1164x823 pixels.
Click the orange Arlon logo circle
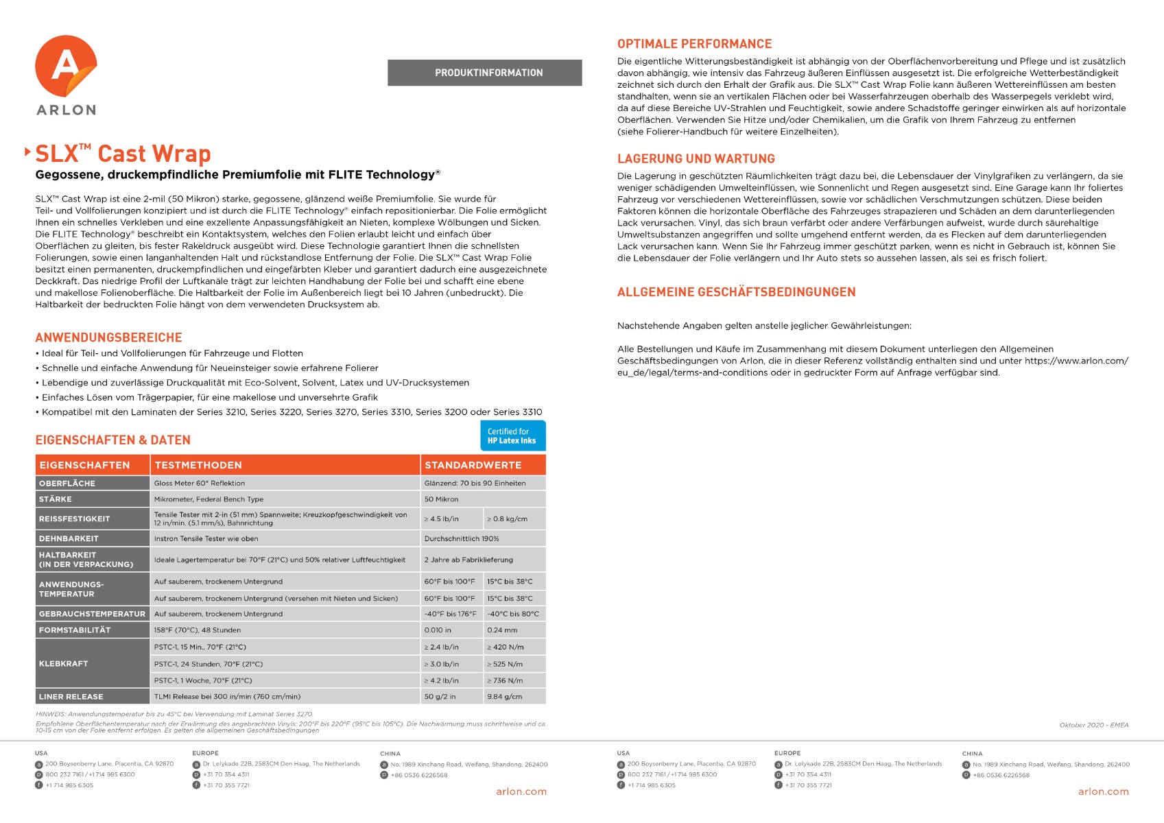pos(66,67)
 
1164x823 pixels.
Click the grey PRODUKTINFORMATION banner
pos(484,73)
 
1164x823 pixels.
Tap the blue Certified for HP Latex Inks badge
pos(512,436)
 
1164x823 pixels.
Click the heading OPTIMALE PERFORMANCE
pos(694,44)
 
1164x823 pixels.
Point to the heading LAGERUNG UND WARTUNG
pos(696,159)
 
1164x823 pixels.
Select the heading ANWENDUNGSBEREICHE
pos(108,337)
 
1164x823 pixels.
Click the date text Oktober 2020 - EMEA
pos(1093,725)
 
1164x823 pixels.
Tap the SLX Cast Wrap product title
pos(123,154)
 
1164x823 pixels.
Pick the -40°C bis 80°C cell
pos(514,615)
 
